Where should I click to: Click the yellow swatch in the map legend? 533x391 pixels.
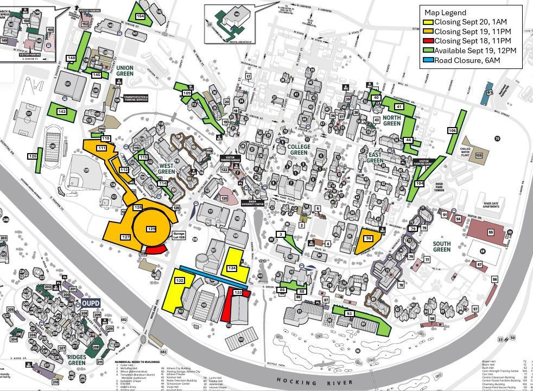428,22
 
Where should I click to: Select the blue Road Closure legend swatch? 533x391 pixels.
428,60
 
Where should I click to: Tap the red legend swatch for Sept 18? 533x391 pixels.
428,41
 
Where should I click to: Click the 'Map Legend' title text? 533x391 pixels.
445,12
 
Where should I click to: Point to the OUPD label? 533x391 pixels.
91,303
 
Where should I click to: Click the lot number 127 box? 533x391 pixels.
125,237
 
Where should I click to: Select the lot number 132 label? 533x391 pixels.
180,280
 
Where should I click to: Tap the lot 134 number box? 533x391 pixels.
232,268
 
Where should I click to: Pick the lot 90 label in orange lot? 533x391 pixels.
369,238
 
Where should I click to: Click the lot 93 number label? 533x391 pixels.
349,314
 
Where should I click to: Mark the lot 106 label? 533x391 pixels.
452,130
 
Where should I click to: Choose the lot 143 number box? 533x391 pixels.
61,112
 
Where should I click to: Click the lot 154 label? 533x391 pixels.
141,16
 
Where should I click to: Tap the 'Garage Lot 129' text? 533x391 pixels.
179,235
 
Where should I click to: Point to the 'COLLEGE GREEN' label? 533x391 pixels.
298,150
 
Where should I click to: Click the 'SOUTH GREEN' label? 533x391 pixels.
442,247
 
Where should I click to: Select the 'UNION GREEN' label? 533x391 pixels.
125,71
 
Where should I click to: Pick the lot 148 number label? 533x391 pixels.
71,58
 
